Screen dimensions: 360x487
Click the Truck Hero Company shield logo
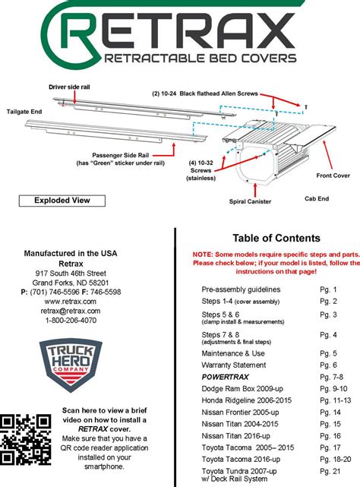click(71, 365)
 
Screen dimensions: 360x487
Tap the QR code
click(26, 439)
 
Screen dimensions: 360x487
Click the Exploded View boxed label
click(62, 201)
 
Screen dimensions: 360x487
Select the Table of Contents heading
click(276, 239)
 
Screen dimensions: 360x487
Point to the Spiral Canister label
click(250, 201)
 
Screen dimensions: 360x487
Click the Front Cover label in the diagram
click(333, 176)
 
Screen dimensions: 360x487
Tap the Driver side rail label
click(69, 87)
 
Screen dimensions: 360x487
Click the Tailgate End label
click(24, 112)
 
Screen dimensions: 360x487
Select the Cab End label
click(317, 199)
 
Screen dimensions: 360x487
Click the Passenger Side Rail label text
click(121, 155)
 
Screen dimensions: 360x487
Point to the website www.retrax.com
click(70, 302)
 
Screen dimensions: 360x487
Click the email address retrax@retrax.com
click(71, 311)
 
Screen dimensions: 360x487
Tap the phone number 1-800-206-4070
click(71, 321)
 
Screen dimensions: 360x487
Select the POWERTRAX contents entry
click(226, 377)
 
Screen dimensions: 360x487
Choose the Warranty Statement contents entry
click(234, 365)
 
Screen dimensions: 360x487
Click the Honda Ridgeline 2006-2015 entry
click(247, 400)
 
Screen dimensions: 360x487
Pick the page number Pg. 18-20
click(336, 460)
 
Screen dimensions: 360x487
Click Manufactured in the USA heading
click(71, 254)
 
